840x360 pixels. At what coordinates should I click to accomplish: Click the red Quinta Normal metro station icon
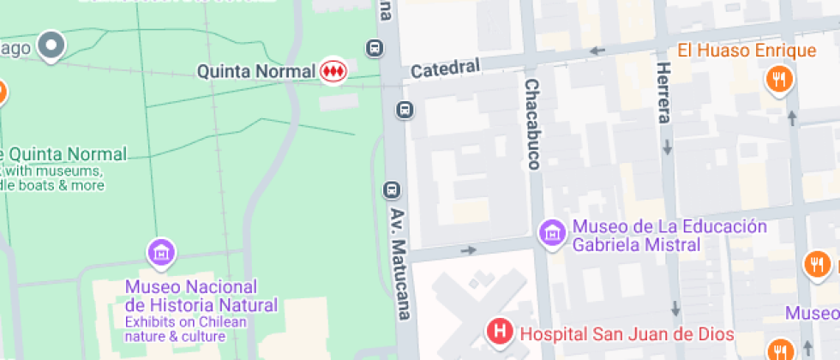333,72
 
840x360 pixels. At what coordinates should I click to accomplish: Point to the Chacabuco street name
532,124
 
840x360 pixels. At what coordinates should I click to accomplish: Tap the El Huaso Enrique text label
747,51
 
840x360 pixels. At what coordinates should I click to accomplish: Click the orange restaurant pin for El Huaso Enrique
779,80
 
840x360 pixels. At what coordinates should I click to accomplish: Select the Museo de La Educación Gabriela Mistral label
669,235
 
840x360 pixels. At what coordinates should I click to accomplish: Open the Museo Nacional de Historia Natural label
201,296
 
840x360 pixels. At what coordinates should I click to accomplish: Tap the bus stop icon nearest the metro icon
374,48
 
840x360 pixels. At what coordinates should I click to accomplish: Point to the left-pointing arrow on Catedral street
597,51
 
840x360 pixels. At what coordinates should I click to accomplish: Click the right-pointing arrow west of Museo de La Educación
468,250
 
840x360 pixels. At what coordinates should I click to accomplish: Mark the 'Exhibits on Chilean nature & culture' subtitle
185,329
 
